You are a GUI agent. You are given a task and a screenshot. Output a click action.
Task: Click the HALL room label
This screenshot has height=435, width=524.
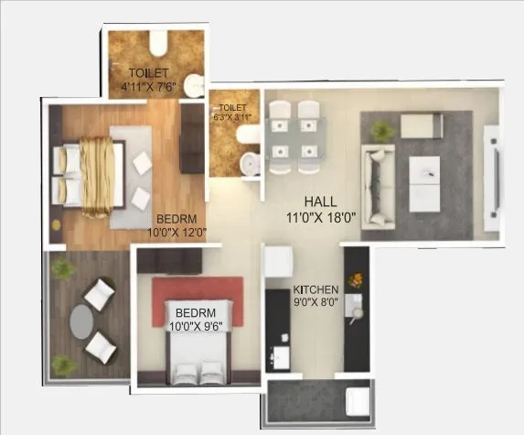coord(320,201)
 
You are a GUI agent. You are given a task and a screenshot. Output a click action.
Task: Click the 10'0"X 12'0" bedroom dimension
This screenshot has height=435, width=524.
coord(182,234)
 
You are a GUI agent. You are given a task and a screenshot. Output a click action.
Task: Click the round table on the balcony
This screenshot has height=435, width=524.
coord(81,321)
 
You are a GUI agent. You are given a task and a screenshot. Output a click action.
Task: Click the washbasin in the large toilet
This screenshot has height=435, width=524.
coord(193,85)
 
